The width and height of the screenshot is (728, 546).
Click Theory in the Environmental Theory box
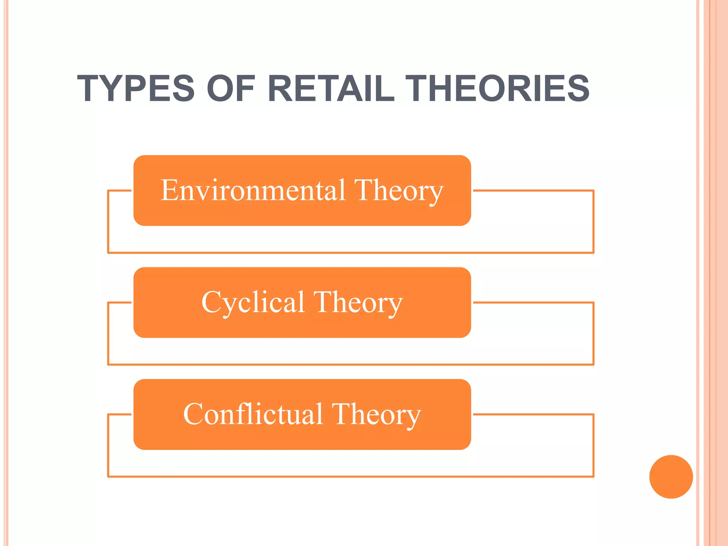[399, 191]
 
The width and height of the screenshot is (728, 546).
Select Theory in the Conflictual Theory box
[376, 415]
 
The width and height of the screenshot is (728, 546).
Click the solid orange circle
[671, 476]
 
